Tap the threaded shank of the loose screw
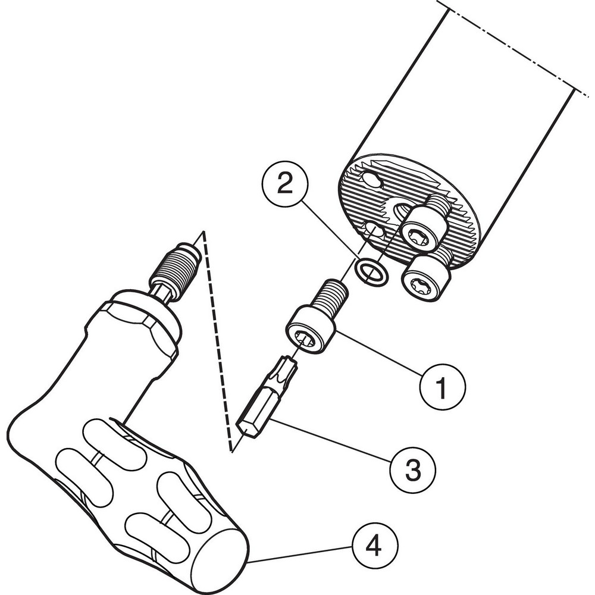click(x=330, y=295)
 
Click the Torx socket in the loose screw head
click(x=305, y=340)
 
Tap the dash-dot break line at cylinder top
click(x=512, y=45)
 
